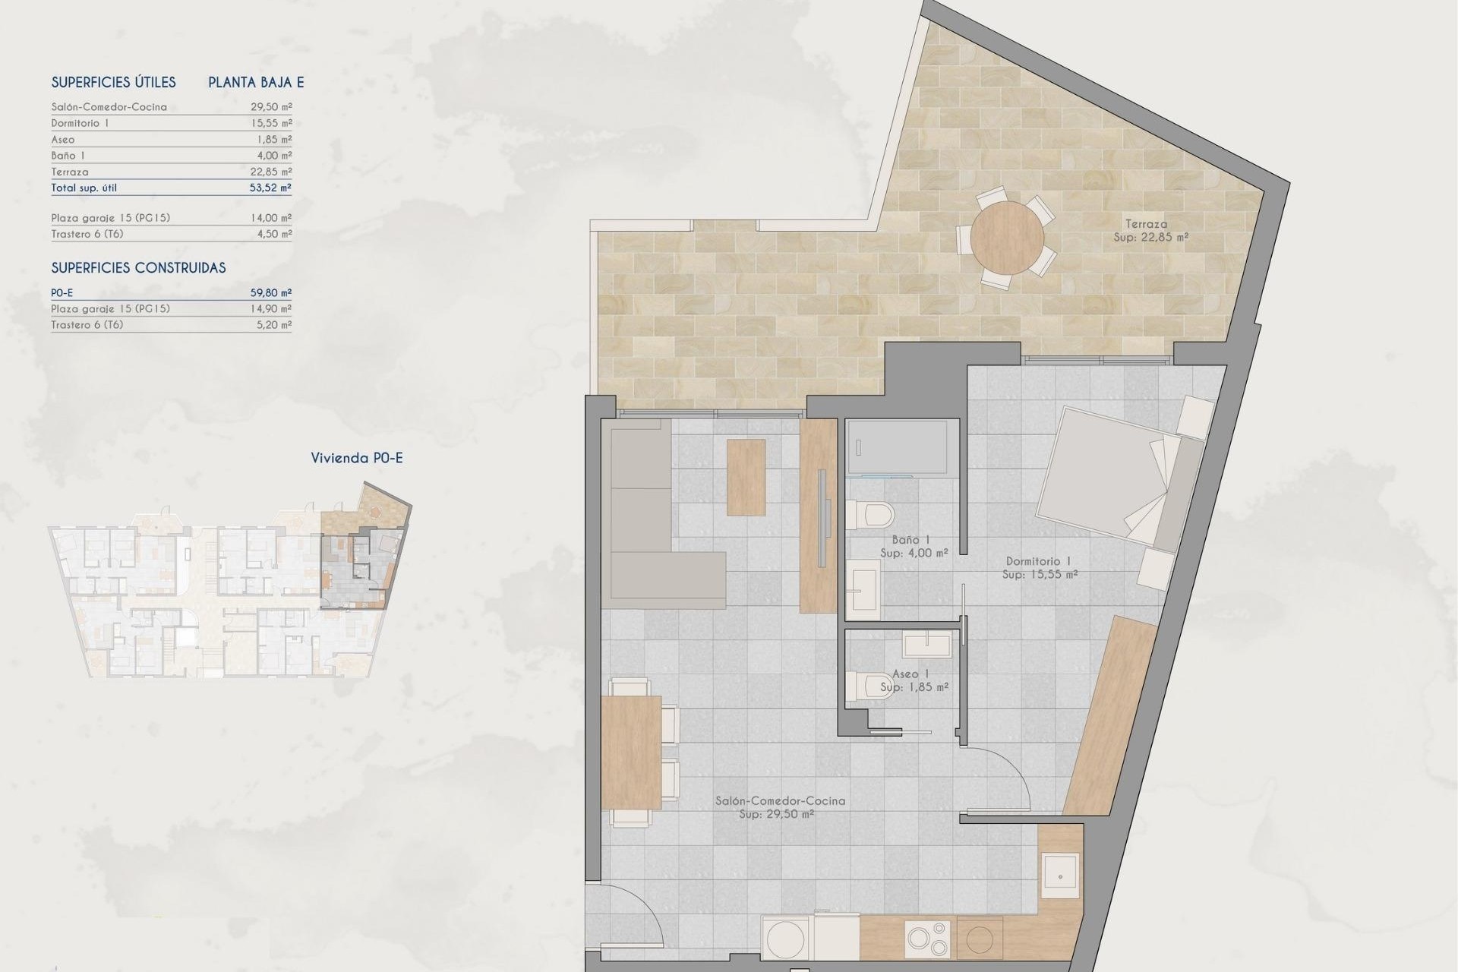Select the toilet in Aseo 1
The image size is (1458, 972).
871,686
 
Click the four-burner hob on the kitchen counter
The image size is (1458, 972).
928,939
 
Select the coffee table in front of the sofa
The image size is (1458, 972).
746,477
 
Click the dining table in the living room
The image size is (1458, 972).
631,752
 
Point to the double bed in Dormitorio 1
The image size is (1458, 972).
1115,476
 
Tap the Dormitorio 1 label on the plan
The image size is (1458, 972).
1039,561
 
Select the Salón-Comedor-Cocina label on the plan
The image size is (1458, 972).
780,800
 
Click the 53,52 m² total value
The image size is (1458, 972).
271,188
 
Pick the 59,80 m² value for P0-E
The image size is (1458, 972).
271,292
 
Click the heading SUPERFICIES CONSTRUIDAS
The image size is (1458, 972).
138,267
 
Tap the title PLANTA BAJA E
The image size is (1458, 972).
256,82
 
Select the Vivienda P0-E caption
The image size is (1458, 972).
357,458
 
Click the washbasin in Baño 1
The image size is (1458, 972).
864,589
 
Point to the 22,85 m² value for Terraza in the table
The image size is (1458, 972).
271,172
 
